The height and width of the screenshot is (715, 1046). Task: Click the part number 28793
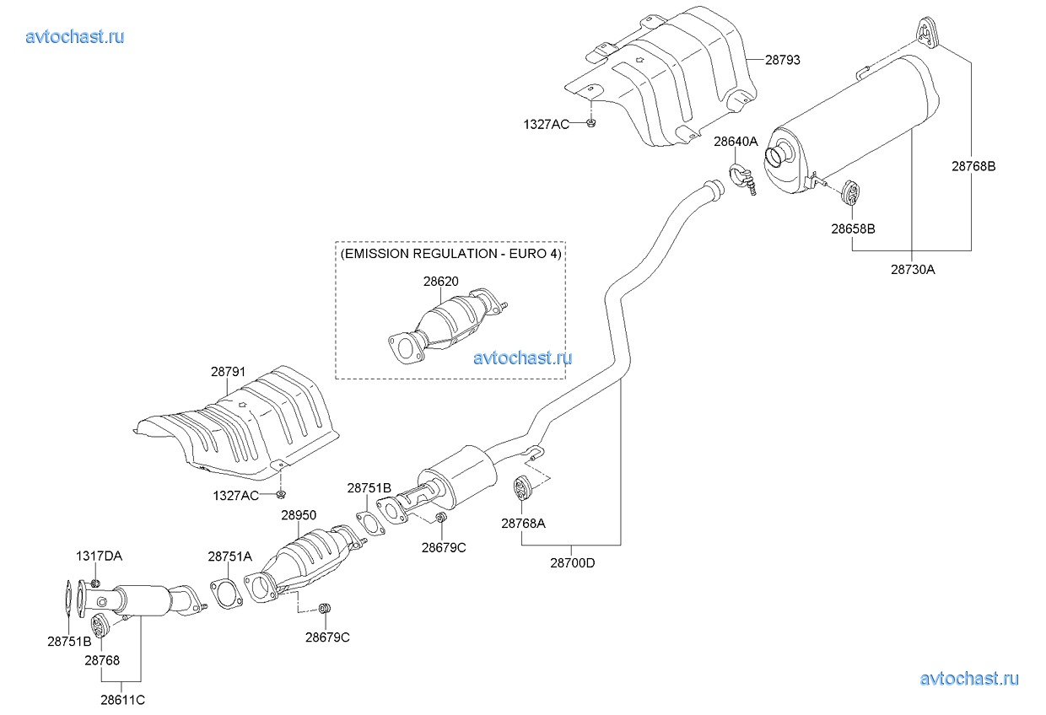point(783,60)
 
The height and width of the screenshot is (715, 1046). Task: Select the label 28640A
point(736,142)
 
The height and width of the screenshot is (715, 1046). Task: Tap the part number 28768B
point(973,166)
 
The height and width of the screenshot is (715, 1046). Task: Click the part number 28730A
point(913,270)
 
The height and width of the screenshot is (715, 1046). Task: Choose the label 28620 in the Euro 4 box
point(440,282)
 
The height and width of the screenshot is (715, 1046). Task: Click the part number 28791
point(228,370)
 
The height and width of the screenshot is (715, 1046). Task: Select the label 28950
point(299,514)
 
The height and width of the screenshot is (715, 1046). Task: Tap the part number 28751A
point(229,556)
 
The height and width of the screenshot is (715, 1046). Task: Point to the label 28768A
point(523,523)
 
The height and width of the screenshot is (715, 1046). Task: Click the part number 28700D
point(572,563)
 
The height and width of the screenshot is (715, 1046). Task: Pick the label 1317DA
point(99,556)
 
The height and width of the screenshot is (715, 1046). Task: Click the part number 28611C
point(122,700)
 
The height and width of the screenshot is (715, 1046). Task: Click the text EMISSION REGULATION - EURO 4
point(450,253)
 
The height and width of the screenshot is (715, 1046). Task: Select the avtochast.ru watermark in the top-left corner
point(75,36)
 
